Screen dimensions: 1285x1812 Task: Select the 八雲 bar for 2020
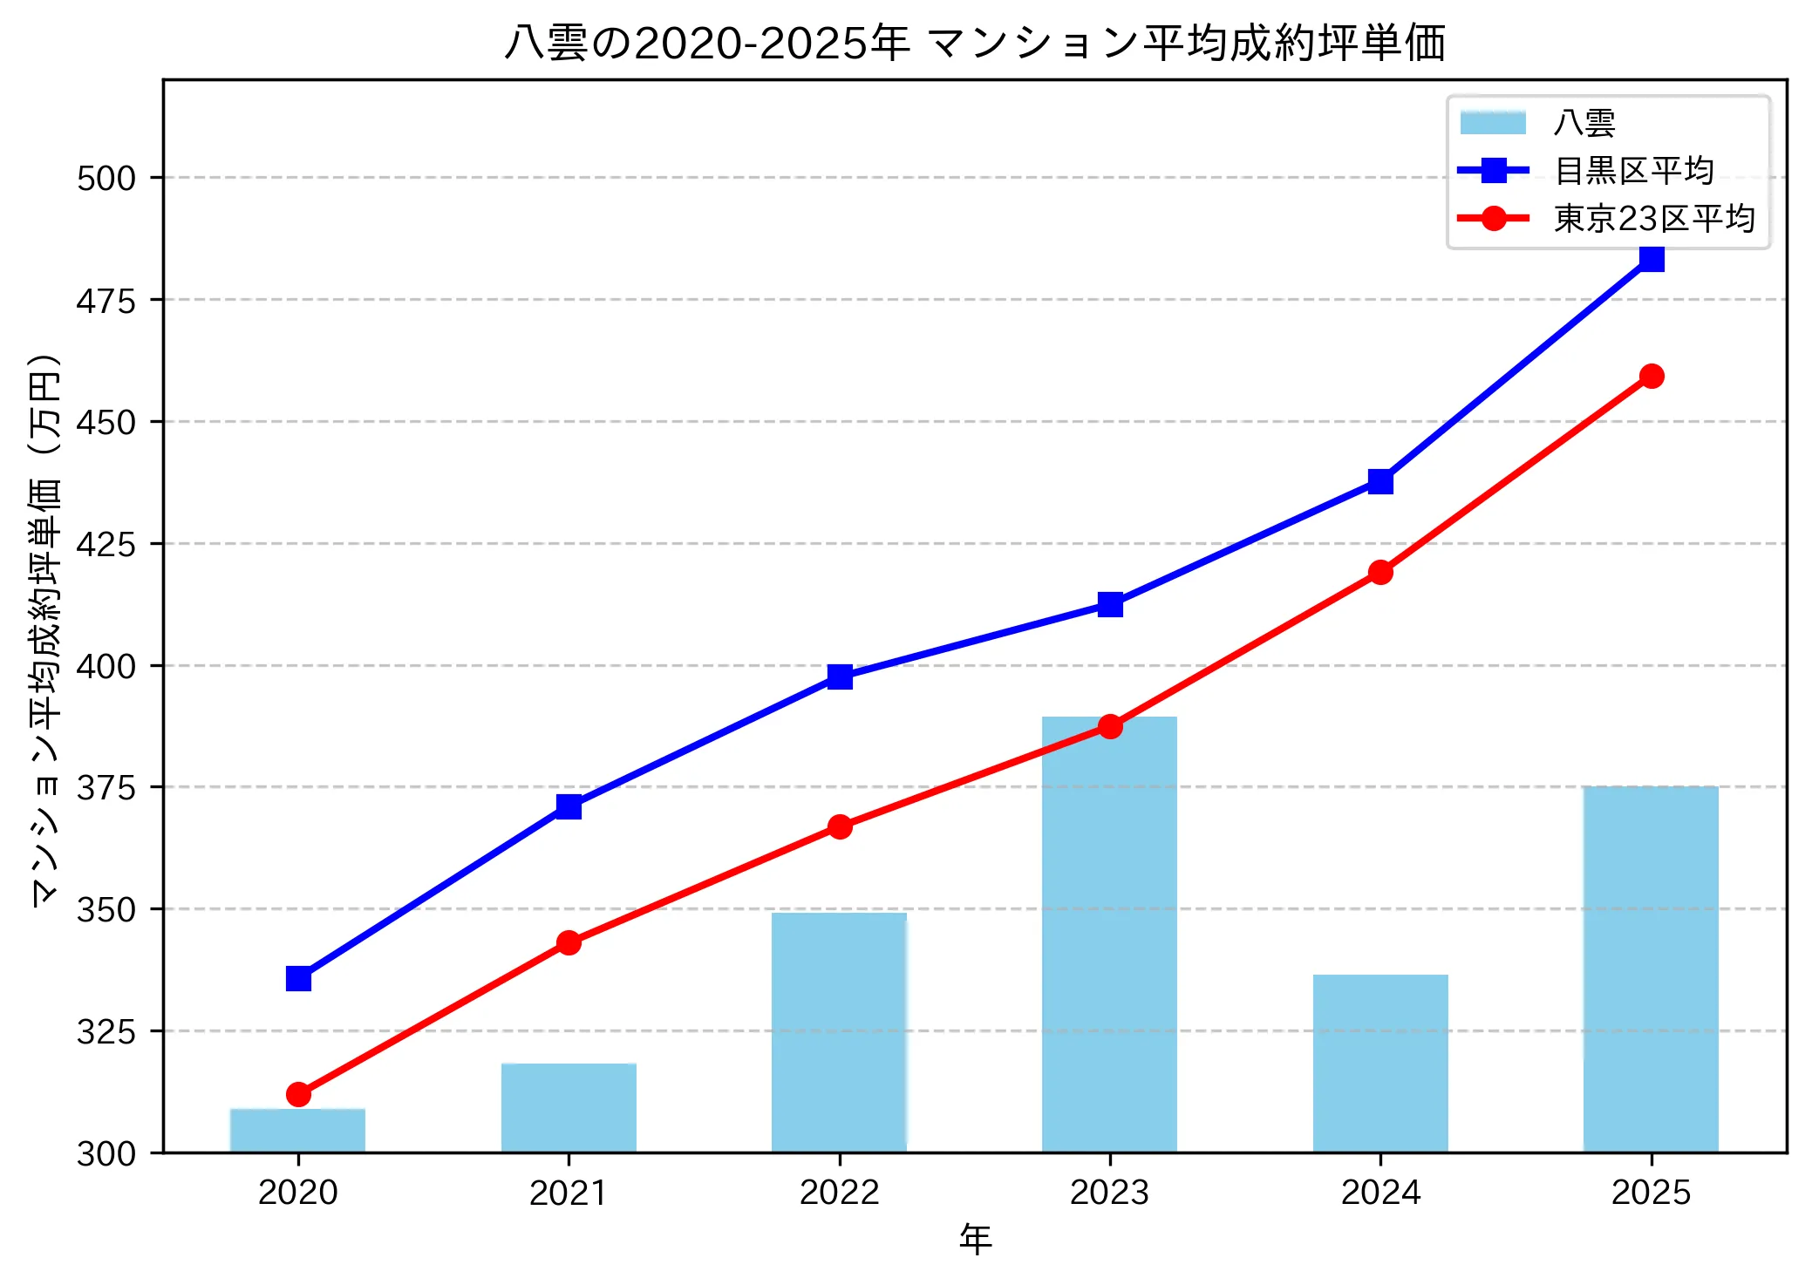click(x=297, y=1130)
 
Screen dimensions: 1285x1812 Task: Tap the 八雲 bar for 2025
click(x=1651, y=969)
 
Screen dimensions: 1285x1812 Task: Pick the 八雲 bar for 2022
click(x=839, y=1032)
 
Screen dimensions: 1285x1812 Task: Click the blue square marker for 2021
click(x=569, y=806)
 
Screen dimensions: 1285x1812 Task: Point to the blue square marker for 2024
click(x=1380, y=481)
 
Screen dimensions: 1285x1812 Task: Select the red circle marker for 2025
click(x=1651, y=377)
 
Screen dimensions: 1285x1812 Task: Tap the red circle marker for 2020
click(x=298, y=1094)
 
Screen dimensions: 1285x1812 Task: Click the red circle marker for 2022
click(x=840, y=826)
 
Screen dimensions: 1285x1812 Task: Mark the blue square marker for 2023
click(x=1110, y=604)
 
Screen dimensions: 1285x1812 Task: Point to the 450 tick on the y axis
click(x=106, y=422)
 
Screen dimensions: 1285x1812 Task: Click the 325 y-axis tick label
click(x=106, y=1031)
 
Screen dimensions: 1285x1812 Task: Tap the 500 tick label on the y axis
click(x=106, y=178)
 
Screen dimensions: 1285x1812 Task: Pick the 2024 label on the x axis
click(x=1380, y=1193)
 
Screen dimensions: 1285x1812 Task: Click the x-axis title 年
click(x=975, y=1240)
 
